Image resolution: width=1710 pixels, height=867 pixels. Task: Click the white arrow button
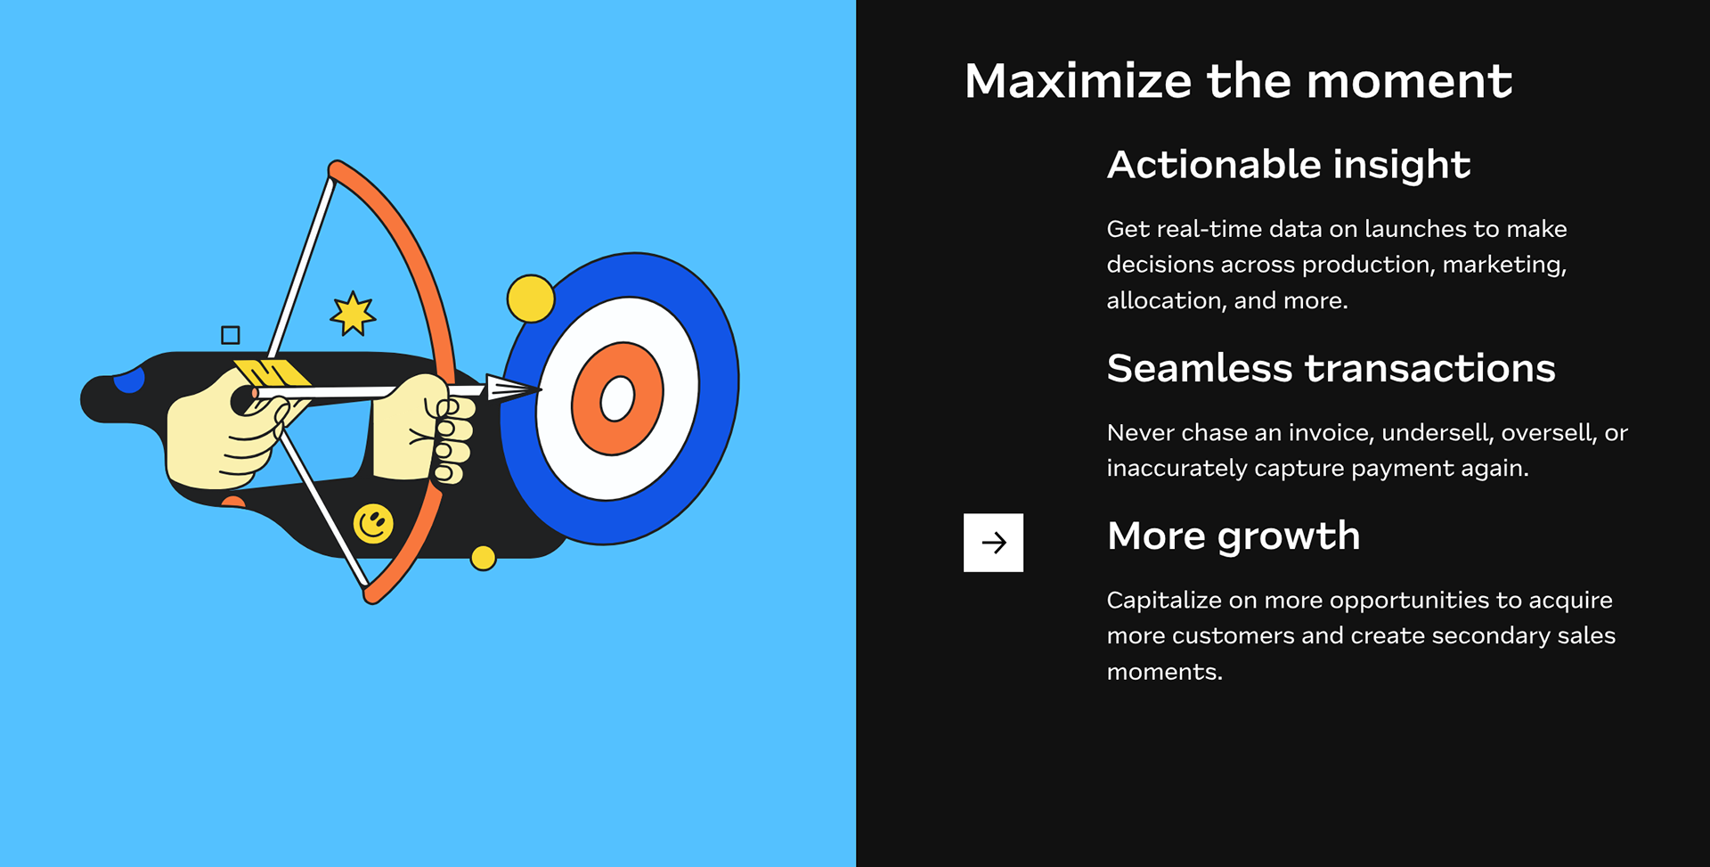coord(993,542)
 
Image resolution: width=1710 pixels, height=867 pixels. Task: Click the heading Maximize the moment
coord(1238,81)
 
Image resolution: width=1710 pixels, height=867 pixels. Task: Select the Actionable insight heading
coord(1288,165)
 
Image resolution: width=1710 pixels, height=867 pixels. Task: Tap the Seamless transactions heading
coord(1331,368)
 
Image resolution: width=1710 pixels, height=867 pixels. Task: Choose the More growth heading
coord(1234,536)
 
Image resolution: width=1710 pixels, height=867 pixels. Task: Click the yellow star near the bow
coord(353,314)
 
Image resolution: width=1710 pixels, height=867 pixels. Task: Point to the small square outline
coord(231,335)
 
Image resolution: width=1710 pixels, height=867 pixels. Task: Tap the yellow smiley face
coord(373,524)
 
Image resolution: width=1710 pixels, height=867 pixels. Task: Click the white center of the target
coord(617,398)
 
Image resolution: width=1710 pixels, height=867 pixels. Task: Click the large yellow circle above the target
coord(531,299)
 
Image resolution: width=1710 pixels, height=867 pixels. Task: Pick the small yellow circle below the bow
coord(483,558)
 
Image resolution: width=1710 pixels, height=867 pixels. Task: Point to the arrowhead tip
coord(541,389)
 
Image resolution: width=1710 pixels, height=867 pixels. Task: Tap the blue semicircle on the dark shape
coord(130,380)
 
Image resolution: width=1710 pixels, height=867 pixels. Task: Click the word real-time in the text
coord(1209,229)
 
